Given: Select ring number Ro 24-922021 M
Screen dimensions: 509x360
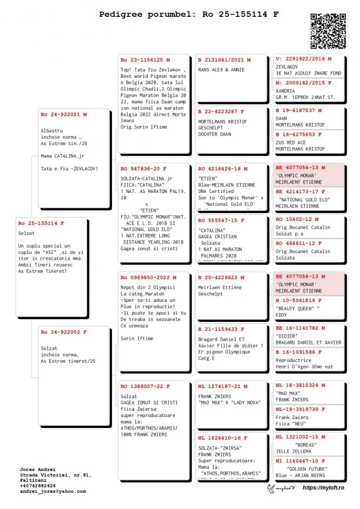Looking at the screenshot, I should click(x=64, y=114).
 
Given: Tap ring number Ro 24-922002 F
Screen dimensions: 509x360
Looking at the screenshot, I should click(x=64, y=332).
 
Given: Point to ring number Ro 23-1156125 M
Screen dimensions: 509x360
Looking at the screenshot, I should click(x=145, y=60).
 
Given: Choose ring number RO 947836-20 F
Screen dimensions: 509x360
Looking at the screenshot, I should click(x=143, y=169).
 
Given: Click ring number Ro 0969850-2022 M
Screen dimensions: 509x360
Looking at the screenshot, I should click(x=149, y=278).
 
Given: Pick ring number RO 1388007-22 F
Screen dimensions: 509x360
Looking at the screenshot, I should click(x=145, y=386).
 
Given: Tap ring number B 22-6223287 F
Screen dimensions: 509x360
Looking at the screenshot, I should click(x=221, y=111).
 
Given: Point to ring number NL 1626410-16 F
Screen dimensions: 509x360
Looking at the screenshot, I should click(x=223, y=438).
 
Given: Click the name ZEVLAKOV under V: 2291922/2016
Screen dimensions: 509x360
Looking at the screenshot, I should click(x=287, y=67).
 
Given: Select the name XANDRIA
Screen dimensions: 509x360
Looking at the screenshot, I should click(x=286, y=91).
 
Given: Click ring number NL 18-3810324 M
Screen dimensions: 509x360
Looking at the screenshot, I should click(x=301, y=385).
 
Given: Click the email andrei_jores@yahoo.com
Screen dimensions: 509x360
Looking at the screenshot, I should click(x=53, y=491).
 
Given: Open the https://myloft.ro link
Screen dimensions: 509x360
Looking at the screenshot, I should click(x=323, y=488).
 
